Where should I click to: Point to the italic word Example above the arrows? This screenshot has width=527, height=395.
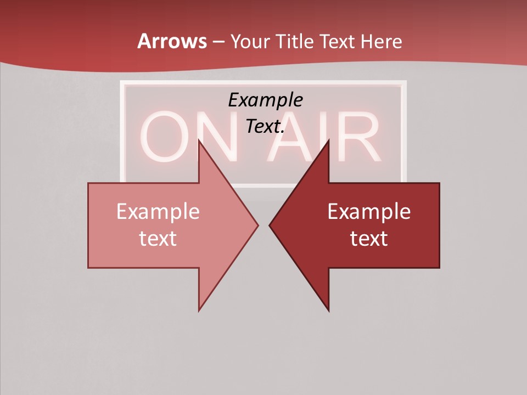pos(265,100)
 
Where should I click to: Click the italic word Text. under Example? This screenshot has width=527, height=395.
pos(265,127)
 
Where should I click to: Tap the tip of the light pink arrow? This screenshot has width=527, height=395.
pos(257,225)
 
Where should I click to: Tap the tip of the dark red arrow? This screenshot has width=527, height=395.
pos(270,225)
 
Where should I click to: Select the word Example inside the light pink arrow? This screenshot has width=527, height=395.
pos(158,211)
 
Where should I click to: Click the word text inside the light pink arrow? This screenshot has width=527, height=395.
pos(158,238)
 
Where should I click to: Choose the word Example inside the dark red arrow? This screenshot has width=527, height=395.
pos(369,211)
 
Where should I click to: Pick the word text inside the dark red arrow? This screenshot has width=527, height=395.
pos(369,238)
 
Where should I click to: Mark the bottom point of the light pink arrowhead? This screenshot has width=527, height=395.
pos(199,311)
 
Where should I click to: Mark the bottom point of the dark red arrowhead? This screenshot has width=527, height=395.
pos(329,311)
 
